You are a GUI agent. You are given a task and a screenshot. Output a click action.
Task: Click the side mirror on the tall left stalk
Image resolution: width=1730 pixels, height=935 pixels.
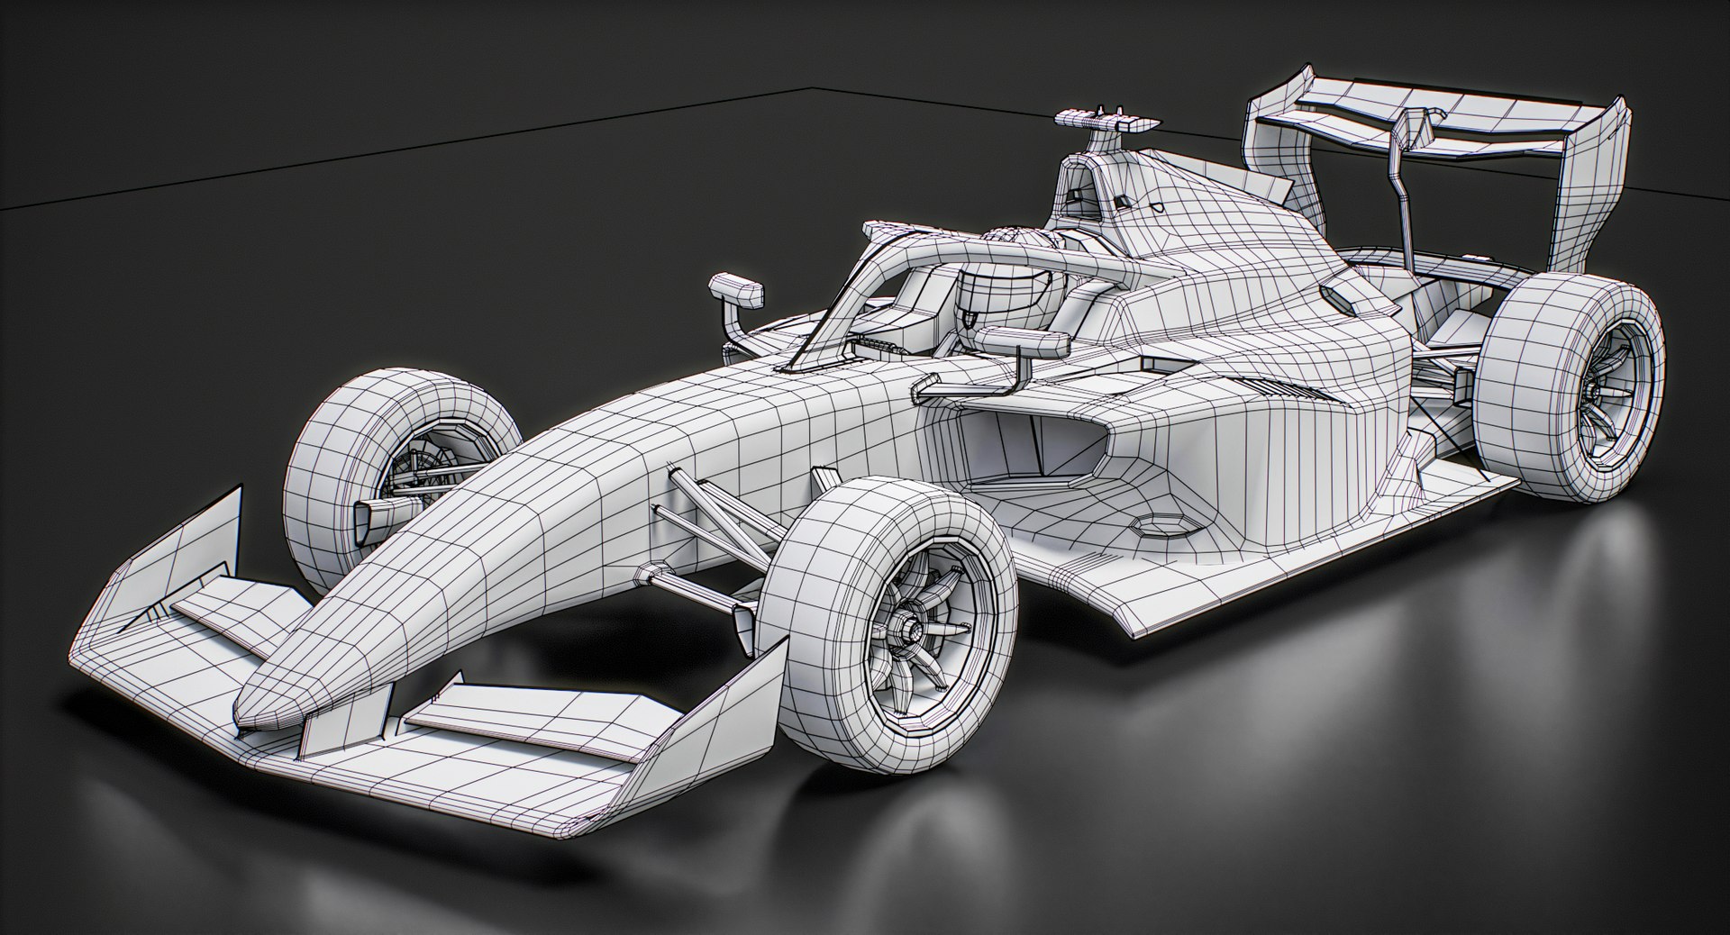pos(736,289)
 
